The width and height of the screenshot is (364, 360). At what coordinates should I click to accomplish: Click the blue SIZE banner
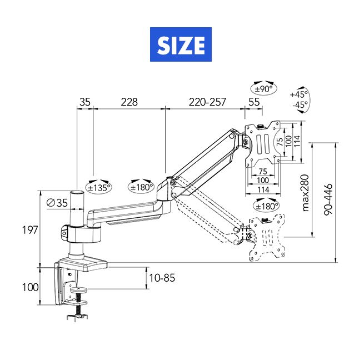click(182, 45)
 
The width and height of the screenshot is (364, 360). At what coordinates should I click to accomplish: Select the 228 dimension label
click(129, 102)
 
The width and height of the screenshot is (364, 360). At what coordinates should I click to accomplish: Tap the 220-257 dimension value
click(207, 102)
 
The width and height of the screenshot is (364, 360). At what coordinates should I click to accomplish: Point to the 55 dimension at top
click(254, 102)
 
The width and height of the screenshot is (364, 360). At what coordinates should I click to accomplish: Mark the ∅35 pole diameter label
click(58, 203)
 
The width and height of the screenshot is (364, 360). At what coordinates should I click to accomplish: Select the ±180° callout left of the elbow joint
click(141, 187)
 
